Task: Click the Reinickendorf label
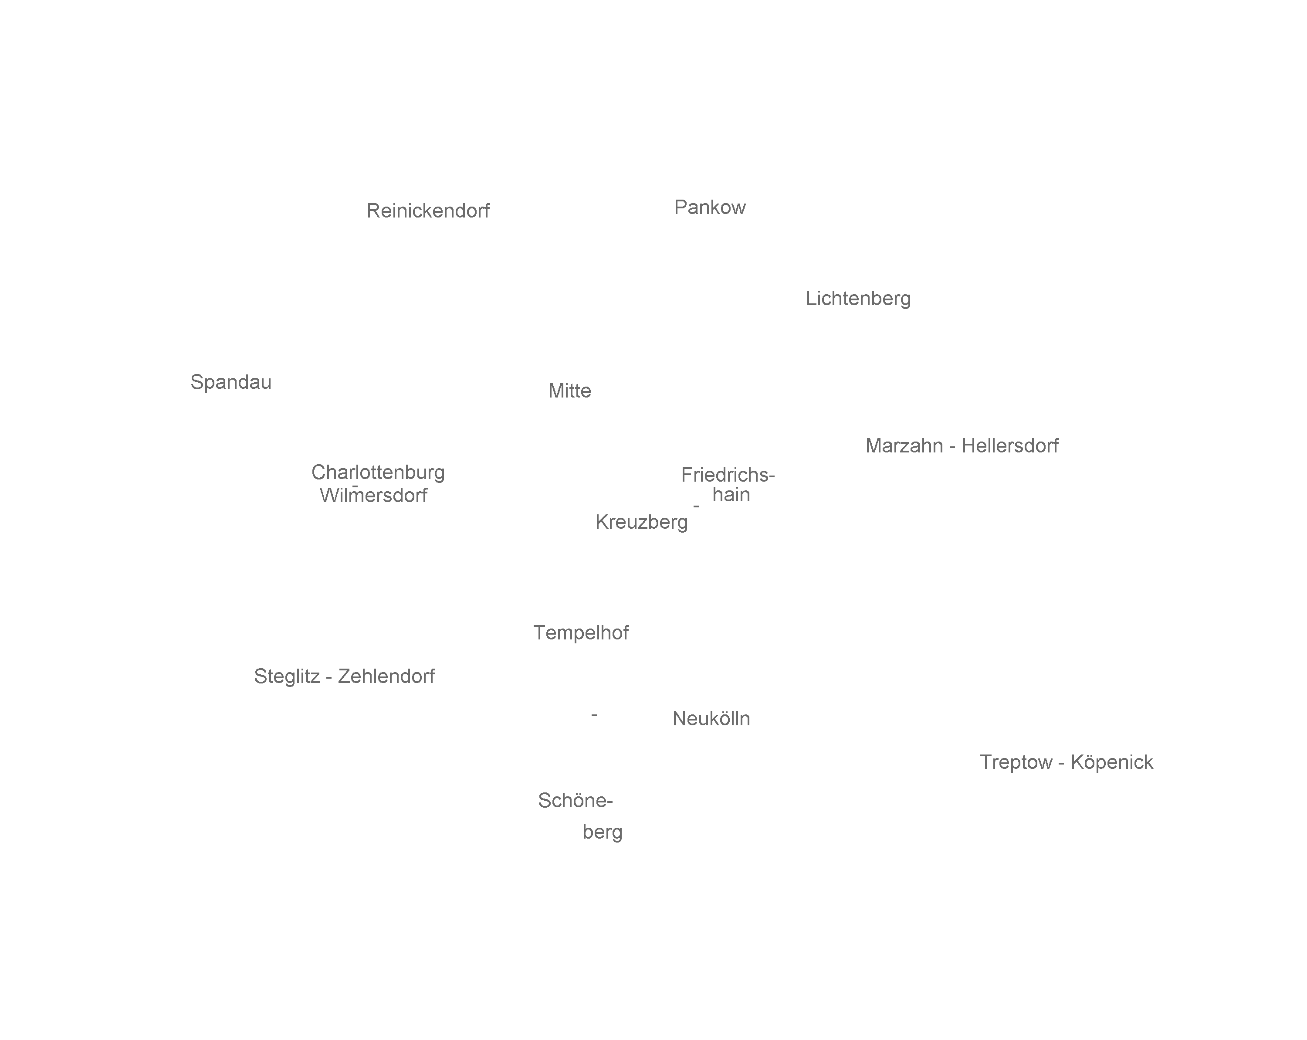(428, 211)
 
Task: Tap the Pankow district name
(709, 207)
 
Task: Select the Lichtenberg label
(858, 298)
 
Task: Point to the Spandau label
(230, 382)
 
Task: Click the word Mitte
(569, 391)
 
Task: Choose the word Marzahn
(904, 446)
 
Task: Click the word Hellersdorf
(1010, 446)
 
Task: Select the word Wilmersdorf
(373, 496)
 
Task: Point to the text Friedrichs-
(728, 475)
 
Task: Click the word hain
(731, 495)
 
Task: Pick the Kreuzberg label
(641, 522)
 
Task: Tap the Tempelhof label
(581, 632)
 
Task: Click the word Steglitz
(287, 676)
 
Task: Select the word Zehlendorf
(386, 676)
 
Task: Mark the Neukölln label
(711, 719)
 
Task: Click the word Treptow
(1016, 762)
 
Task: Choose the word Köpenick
(1112, 762)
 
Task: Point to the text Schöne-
(576, 800)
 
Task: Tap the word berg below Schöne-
(602, 832)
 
